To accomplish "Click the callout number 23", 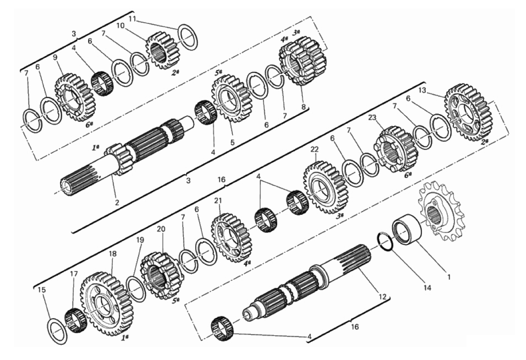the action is (372, 118).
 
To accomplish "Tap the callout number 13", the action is (422, 90).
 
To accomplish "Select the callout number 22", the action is (314, 150).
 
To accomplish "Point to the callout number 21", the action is (218, 201).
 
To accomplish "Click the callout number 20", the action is (161, 229).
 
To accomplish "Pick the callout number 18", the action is (113, 254).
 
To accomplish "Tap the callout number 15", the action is (42, 290).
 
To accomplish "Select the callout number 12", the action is (382, 297).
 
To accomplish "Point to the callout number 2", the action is (117, 202).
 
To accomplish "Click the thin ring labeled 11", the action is (188, 37).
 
